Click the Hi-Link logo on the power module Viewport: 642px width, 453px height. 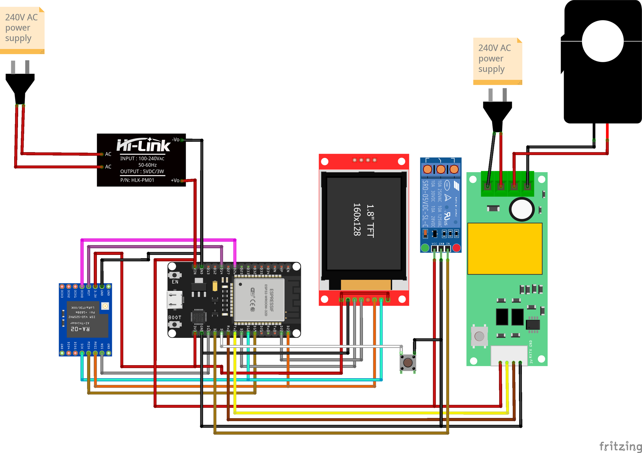click(143, 145)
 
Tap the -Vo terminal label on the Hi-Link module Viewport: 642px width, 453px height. click(175, 139)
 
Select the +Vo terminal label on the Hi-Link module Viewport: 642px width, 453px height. click(175, 180)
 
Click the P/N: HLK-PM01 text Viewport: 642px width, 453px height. click(137, 180)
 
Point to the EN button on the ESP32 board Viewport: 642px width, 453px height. click(175, 275)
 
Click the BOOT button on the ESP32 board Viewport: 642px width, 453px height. click(175, 324)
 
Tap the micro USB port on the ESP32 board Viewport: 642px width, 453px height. click(175, 300)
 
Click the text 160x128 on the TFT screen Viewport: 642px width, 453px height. click(357, 219)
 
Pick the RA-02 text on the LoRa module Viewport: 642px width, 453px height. click(80, 329)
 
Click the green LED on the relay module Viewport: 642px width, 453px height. click(425, 248)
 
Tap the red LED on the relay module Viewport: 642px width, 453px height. click(456, 248)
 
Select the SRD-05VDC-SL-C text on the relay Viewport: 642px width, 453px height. click(425, 204)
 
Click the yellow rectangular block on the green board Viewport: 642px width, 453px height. click(505, 248)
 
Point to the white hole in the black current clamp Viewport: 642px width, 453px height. click(603, 41)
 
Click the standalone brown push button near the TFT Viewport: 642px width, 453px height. click(408, 363)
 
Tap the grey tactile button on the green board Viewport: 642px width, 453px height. click(479, 336)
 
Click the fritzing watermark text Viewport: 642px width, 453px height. click(620, 446)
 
